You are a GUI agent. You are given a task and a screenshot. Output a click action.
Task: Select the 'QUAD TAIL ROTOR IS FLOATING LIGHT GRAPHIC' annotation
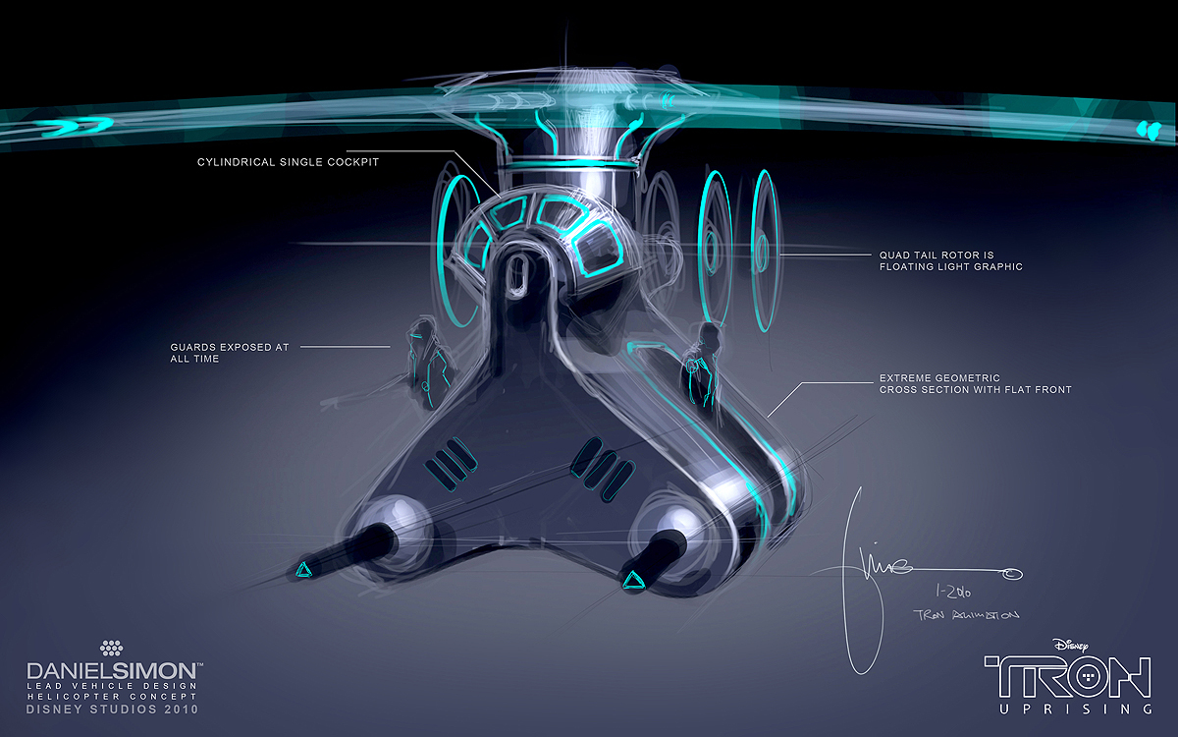click(950, 260)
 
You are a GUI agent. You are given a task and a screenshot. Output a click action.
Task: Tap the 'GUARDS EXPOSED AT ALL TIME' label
click(229, 353)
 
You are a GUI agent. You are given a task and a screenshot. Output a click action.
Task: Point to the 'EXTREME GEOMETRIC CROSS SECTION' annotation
click(975, 383)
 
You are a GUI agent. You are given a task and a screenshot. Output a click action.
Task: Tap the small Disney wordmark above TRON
click(1075, 645)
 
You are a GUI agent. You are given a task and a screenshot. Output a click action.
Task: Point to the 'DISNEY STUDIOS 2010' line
click(113, 709)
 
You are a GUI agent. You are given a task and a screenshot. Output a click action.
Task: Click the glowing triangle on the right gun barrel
click(632, 580)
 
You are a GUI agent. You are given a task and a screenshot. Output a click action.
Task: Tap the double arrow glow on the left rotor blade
click(74, 124)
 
